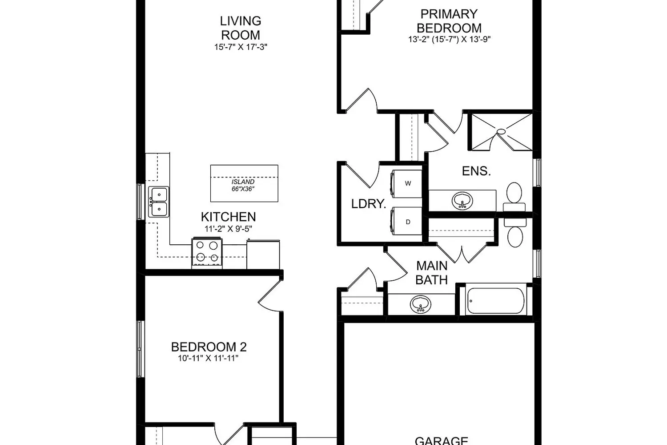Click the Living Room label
pos(241,28)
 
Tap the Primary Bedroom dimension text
pos(449,39)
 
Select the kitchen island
pos(244,183)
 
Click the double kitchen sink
pos(158,202)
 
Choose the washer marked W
pos(406,183)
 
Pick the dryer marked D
pos(406,222)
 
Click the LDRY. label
pos(368,204)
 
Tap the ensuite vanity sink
pos(462,201)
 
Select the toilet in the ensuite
pos(514,196)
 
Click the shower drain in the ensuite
pos(502,131)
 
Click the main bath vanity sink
pos(420,305)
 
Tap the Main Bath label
pos(431,273)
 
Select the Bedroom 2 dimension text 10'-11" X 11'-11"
pos(209,358)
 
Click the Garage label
pos(441,441)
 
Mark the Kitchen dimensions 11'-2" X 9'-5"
pos(228,229)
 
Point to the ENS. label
pos(476,171)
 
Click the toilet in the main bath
pos(515,234)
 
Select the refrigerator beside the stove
pos(263,254)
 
